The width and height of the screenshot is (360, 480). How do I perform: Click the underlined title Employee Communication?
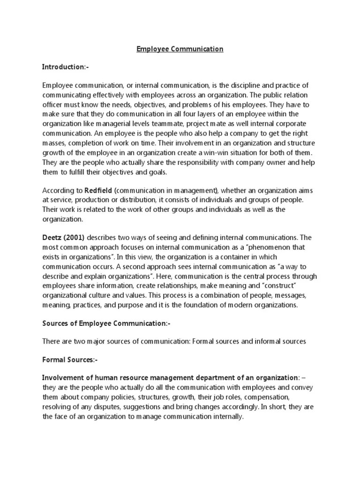point(180,49)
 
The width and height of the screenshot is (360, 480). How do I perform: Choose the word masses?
point(53,143)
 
